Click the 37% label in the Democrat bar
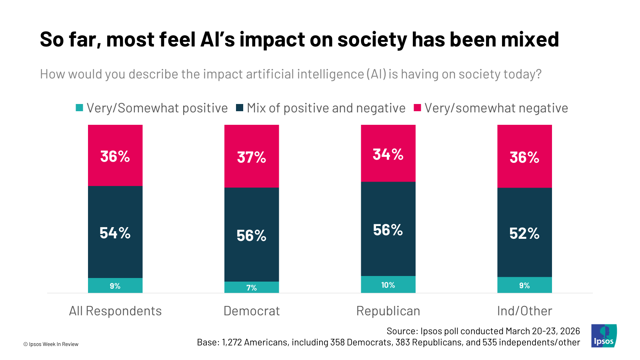[252, 157]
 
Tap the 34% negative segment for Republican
[388, 154]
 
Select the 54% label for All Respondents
[115, 233]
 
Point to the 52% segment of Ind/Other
[524, 233]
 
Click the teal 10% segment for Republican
[388, 285]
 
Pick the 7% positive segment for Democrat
[252, 288]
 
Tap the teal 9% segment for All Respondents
[115, 286]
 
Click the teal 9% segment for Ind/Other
[524, 285]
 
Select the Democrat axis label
[252, 311]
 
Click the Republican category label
[388, 311]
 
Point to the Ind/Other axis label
[524, 311]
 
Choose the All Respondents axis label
[115, 311]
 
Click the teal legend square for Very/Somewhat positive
[80, 108]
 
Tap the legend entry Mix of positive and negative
[326, 108]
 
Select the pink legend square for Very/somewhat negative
[417, 108]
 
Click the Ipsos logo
[604, 336]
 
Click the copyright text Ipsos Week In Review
[51, 344]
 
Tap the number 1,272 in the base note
[232, 342]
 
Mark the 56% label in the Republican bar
[388, 230]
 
